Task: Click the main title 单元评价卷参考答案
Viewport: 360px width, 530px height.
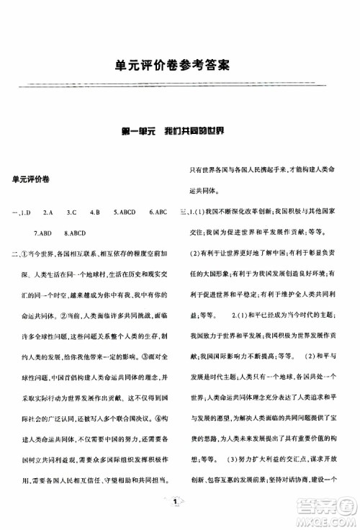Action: coord(180,66)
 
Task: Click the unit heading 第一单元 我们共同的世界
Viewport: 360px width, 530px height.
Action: coord(180,132)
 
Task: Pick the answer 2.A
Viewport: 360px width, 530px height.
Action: coord(48,213)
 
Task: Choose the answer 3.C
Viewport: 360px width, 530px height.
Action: coord(71,213)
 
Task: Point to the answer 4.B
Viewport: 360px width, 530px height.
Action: coord(94,213)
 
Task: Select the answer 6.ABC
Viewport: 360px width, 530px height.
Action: coord(158,213)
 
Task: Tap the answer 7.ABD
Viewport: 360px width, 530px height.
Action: coord(45,233)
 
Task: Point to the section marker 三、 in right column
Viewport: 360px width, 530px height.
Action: coord(186,212)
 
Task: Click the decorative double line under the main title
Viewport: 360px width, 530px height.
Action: coord(180,86)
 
